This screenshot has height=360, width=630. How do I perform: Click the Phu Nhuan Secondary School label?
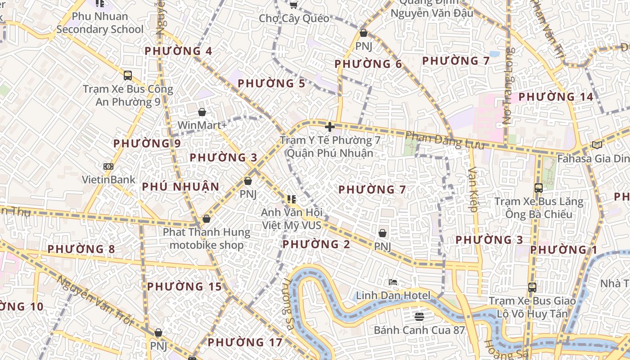(x=100, y=23)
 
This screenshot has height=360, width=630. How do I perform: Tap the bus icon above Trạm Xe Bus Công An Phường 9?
(x=128, y=75)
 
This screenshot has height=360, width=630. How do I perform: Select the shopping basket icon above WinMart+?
(x=202, y=112)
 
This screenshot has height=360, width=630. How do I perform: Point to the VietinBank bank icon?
(x=108, y=166)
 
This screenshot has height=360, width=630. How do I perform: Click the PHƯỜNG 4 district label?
(x=178, y=51)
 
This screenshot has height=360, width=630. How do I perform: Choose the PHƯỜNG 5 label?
(x=271, y=83)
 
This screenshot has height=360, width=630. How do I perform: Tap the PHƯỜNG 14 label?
(x=553, y=97)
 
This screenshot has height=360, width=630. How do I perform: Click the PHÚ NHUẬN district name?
(x=180, y=187)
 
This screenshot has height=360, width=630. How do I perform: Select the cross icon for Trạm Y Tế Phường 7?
(x=330, y=127)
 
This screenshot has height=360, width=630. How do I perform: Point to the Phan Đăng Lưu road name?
(x=445, y=140)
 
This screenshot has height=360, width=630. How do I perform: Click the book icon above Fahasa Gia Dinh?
(x=597, y=145)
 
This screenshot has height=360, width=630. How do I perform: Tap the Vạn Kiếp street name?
(x=473, y=189)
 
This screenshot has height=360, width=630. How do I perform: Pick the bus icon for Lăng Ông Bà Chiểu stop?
(x=538, y=188)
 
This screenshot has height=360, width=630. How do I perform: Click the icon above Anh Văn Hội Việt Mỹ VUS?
(x=291, y=199)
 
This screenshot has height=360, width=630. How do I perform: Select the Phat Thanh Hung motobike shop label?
(x=207, y=238)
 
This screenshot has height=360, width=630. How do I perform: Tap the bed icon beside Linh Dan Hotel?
(x=393, y=282)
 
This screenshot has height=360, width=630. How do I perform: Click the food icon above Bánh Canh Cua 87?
(x=419, y=316)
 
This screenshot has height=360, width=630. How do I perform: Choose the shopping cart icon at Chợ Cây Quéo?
(x=293, y=5)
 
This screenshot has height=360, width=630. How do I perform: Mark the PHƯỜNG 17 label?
(x=245, y=342)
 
